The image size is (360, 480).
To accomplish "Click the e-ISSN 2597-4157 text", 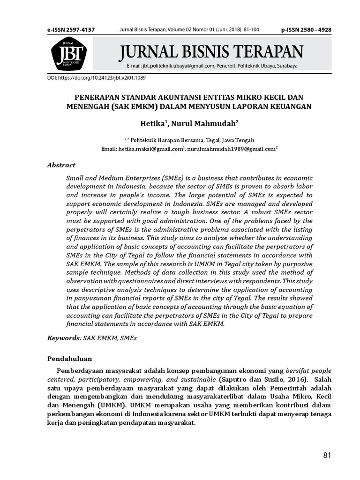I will pos(71,30).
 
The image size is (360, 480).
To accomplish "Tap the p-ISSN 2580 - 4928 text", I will pos(306,30).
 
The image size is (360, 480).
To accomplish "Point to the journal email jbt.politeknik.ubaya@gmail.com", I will pos(174,66).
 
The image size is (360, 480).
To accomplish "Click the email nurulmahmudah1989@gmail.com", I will pos(231,149).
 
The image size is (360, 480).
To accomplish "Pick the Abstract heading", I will pos(61,165).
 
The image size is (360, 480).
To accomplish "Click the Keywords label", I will pos(64,337).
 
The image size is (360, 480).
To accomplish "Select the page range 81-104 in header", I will pos(251,30).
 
